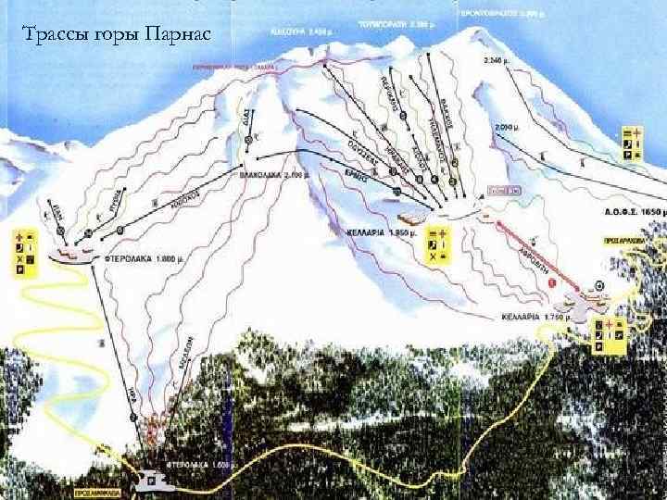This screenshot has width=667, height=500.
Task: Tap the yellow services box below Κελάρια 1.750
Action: (608, 334)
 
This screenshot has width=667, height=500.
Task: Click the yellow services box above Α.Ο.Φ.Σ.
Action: (630, 146)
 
